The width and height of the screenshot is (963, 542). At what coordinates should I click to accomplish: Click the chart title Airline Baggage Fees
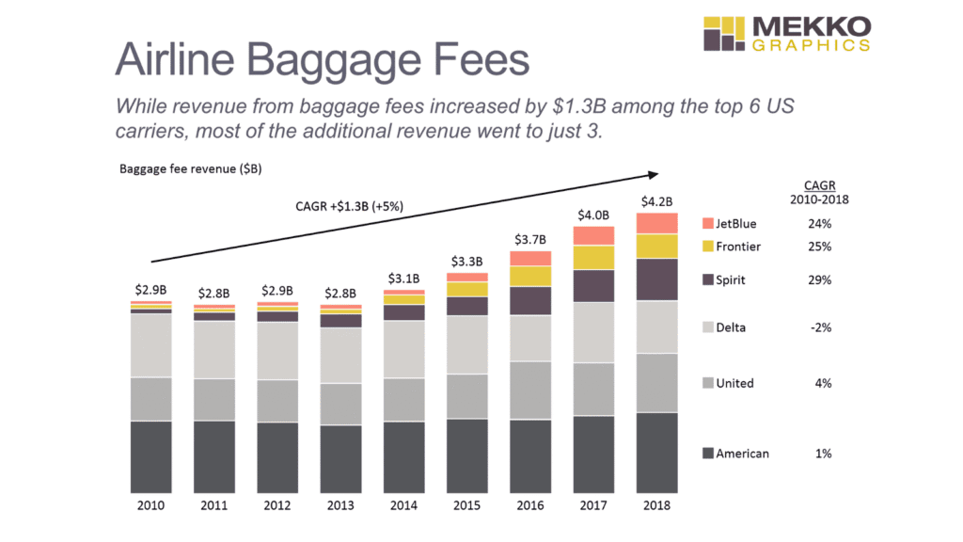pos(322,60)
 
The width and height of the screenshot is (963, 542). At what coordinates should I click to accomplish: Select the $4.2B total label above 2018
pos(656,200)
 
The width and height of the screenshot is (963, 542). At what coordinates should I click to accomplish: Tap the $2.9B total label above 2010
pos(150,291)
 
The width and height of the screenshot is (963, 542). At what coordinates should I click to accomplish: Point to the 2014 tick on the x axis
pos(403,505)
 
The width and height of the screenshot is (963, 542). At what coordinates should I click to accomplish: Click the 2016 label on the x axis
pos(530,505)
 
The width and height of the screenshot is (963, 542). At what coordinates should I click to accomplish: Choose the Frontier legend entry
pos(737,247)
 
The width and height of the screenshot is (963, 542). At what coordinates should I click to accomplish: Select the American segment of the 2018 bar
pos(656,453)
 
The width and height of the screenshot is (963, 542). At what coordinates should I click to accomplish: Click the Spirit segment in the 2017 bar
pos(593,285)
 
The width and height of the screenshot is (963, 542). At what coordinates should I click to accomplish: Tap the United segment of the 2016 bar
pos(530,390)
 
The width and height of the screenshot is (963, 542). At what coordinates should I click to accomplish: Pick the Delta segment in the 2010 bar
pos(150,344)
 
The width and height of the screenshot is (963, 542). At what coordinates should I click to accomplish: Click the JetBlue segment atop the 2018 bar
pos(656,222)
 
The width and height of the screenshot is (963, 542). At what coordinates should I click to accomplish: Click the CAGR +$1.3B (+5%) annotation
pos(349,206)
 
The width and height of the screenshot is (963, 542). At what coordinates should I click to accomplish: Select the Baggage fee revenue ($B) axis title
pos(176,169)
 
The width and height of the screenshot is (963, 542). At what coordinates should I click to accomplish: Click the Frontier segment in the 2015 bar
pos(467,289)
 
